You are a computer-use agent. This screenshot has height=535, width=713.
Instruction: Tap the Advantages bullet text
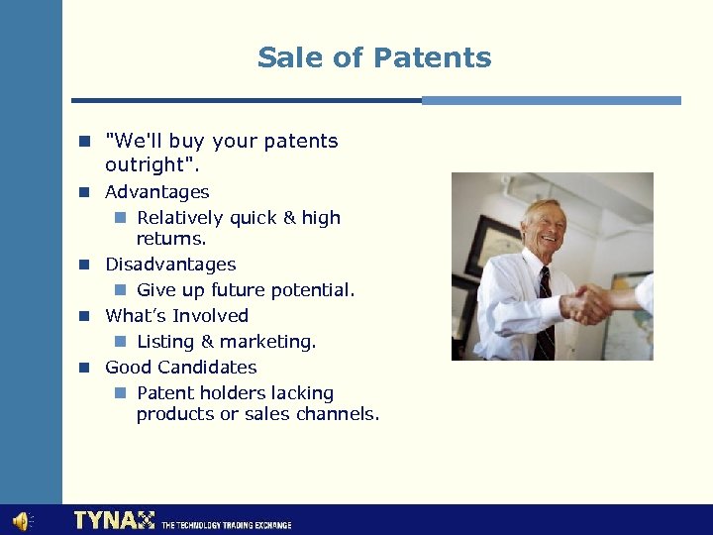click(x=157, y=192)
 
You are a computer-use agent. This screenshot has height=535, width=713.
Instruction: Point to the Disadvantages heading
click(x=170, y=265)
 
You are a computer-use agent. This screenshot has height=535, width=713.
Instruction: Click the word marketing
click(x=267, y=342)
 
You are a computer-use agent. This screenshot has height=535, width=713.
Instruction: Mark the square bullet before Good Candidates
click(x=86, y=368)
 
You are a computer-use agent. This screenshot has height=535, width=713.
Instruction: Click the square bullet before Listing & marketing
click(x=119, y=342)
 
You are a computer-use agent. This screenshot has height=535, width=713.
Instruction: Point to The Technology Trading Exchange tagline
click(x=226, y=524)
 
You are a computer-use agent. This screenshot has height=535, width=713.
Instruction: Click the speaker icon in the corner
click(x=21, y=521)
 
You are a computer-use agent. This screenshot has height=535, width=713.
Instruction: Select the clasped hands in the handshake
click(x=591, y=305)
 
